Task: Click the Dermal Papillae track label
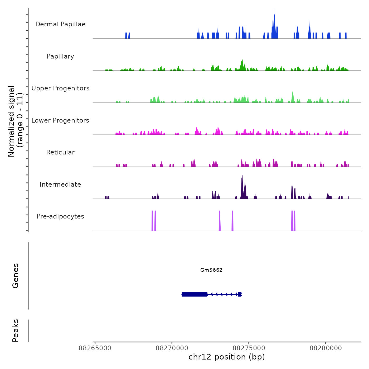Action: coord(60,24)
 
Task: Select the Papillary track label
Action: coord(60,56)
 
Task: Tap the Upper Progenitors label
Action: coord(60,88)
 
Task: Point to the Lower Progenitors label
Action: coord(60,120)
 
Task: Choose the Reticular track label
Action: coord(60,152)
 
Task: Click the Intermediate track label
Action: coord(60,184)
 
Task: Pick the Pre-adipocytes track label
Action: coord(60,216)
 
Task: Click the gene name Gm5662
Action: coord(211,270)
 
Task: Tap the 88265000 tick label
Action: coord(95,348)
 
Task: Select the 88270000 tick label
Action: coord(172,348)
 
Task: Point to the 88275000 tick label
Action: coord(249,348)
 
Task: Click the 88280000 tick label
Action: coord(326,348)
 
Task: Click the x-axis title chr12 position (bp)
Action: coord(227,357)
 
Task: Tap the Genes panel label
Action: coord(16,276)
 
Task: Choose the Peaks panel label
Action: coord(16,331)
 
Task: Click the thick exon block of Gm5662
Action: coord(195,294)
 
